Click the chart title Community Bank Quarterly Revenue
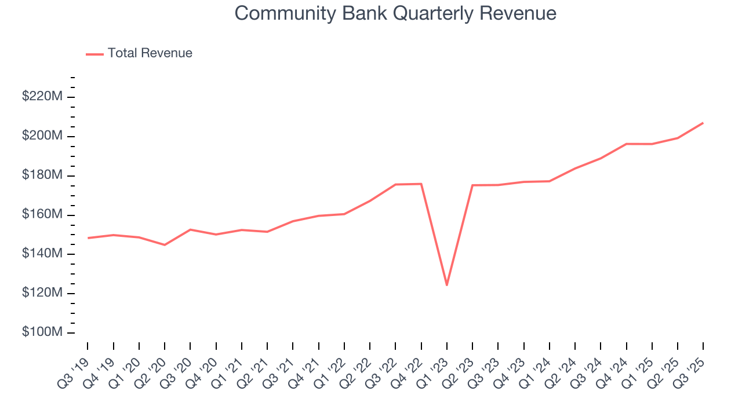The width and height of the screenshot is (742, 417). coord(395,13)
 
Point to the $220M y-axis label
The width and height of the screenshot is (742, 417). coord(42,97)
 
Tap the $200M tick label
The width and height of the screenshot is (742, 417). coord(42,136)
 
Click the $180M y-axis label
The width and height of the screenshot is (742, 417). coord(42,175)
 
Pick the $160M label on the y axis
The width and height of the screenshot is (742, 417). coord(42,215)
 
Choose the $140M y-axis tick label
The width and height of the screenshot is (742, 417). coord(42,254)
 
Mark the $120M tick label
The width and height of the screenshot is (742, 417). coord(42,294)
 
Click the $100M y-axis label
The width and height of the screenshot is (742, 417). coord(42,333)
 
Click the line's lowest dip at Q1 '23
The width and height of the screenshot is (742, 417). coord(447,285)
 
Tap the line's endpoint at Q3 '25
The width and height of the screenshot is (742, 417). coord(703,123)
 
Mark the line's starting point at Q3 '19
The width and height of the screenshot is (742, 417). coord(88,238)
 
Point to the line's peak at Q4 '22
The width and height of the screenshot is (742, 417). coord(421,184)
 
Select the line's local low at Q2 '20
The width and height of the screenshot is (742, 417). coord(165,245)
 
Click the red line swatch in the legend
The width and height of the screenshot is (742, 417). coord(94,54)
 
